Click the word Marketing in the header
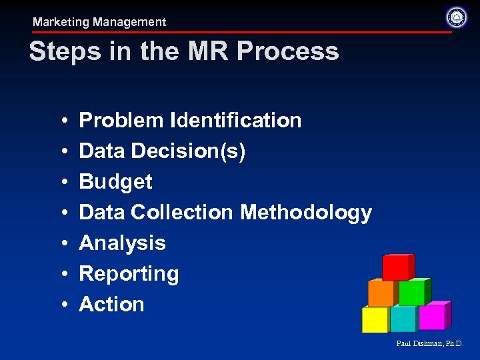pos(61,22)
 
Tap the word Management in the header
pos(129,22)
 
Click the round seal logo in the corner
pos(457,17)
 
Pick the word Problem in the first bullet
pos(121,121)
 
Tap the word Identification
pos(236,121)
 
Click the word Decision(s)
pos(189,151)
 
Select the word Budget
pos(115,182)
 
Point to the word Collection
pos(182,213)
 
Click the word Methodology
pos(306,213)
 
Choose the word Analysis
pos(122,243)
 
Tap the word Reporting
pos(129,274)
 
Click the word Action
pos(111,305)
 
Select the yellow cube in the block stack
pos(375,319)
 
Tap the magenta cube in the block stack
pos(433,316)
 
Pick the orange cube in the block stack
pos(381,293)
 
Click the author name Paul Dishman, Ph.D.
pos(429,344)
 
